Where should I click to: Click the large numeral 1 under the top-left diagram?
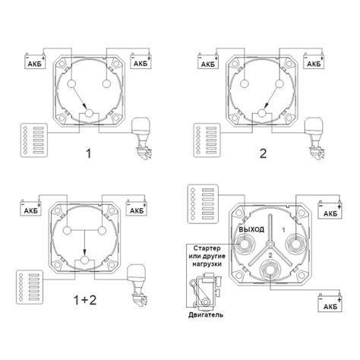[x=88, y=153]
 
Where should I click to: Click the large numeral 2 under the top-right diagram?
[x=264, y=153]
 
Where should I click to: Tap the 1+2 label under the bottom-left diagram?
[x=84, y=300]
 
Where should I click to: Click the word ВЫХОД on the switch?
[x=251, y=229]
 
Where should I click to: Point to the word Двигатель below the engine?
[x=206, y=315]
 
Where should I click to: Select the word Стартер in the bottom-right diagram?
[x=207, y=248]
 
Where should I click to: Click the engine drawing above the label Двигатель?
[x=207, y=291]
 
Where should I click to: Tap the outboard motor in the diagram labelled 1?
[x=141, y=139]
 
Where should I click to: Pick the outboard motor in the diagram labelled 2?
[x=314, y=139]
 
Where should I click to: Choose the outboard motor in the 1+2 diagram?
[x=137, y=286]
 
